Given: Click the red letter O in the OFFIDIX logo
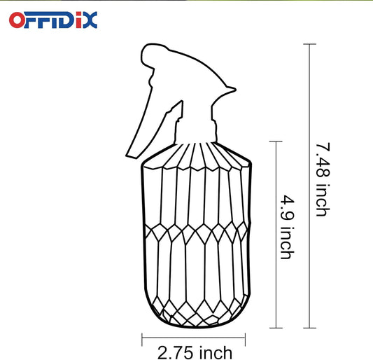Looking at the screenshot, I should pyautogui.click(x=18, y=19).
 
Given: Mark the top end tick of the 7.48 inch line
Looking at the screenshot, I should pyautogui.click(x=309, y=44).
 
